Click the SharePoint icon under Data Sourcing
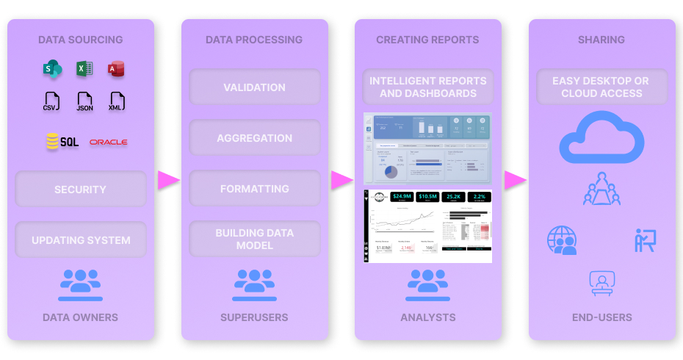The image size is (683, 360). coord(52,70)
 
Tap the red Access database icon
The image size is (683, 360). coord(116,70)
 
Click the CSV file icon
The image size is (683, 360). coord(51,101)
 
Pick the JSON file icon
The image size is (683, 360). coord(84,101)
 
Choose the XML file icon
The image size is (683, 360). coord(117,101)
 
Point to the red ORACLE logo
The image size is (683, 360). coord(108,142)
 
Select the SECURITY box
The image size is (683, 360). coord(80,190)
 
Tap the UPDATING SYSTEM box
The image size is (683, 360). coord(81,240)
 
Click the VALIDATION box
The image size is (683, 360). coord(254,87)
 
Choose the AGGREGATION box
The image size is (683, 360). coord(254,138)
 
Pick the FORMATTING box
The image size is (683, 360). coord(254,189)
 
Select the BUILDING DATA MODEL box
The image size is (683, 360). coord(254,239)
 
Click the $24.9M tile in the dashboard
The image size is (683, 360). coord(401,197)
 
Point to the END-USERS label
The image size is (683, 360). coord(601,318)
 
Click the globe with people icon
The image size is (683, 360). coord(562,240)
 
